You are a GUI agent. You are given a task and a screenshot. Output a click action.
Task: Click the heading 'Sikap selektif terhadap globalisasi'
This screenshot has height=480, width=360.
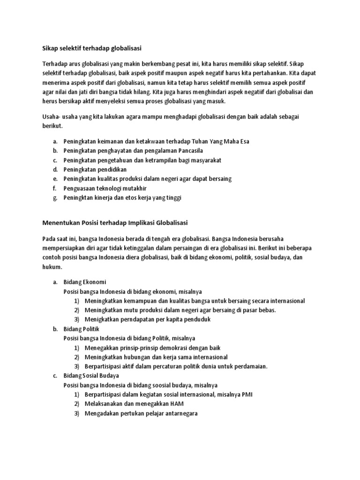(91, 47)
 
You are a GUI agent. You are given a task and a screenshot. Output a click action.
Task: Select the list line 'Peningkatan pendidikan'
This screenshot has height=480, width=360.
(95, 169)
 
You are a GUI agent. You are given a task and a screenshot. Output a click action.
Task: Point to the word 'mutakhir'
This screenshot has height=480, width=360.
(136, 188)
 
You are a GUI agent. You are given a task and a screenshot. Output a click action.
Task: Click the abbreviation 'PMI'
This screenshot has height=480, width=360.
(247, 394)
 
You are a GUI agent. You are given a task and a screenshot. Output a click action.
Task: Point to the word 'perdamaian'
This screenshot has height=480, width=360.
(251, 366)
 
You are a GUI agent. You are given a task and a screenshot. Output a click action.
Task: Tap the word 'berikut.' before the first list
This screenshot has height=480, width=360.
(52, 126)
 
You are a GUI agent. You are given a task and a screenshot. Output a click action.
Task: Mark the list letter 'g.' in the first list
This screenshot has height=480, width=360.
(55, 197)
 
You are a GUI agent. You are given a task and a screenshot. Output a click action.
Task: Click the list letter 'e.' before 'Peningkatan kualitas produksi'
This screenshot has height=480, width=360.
(55, 179)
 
